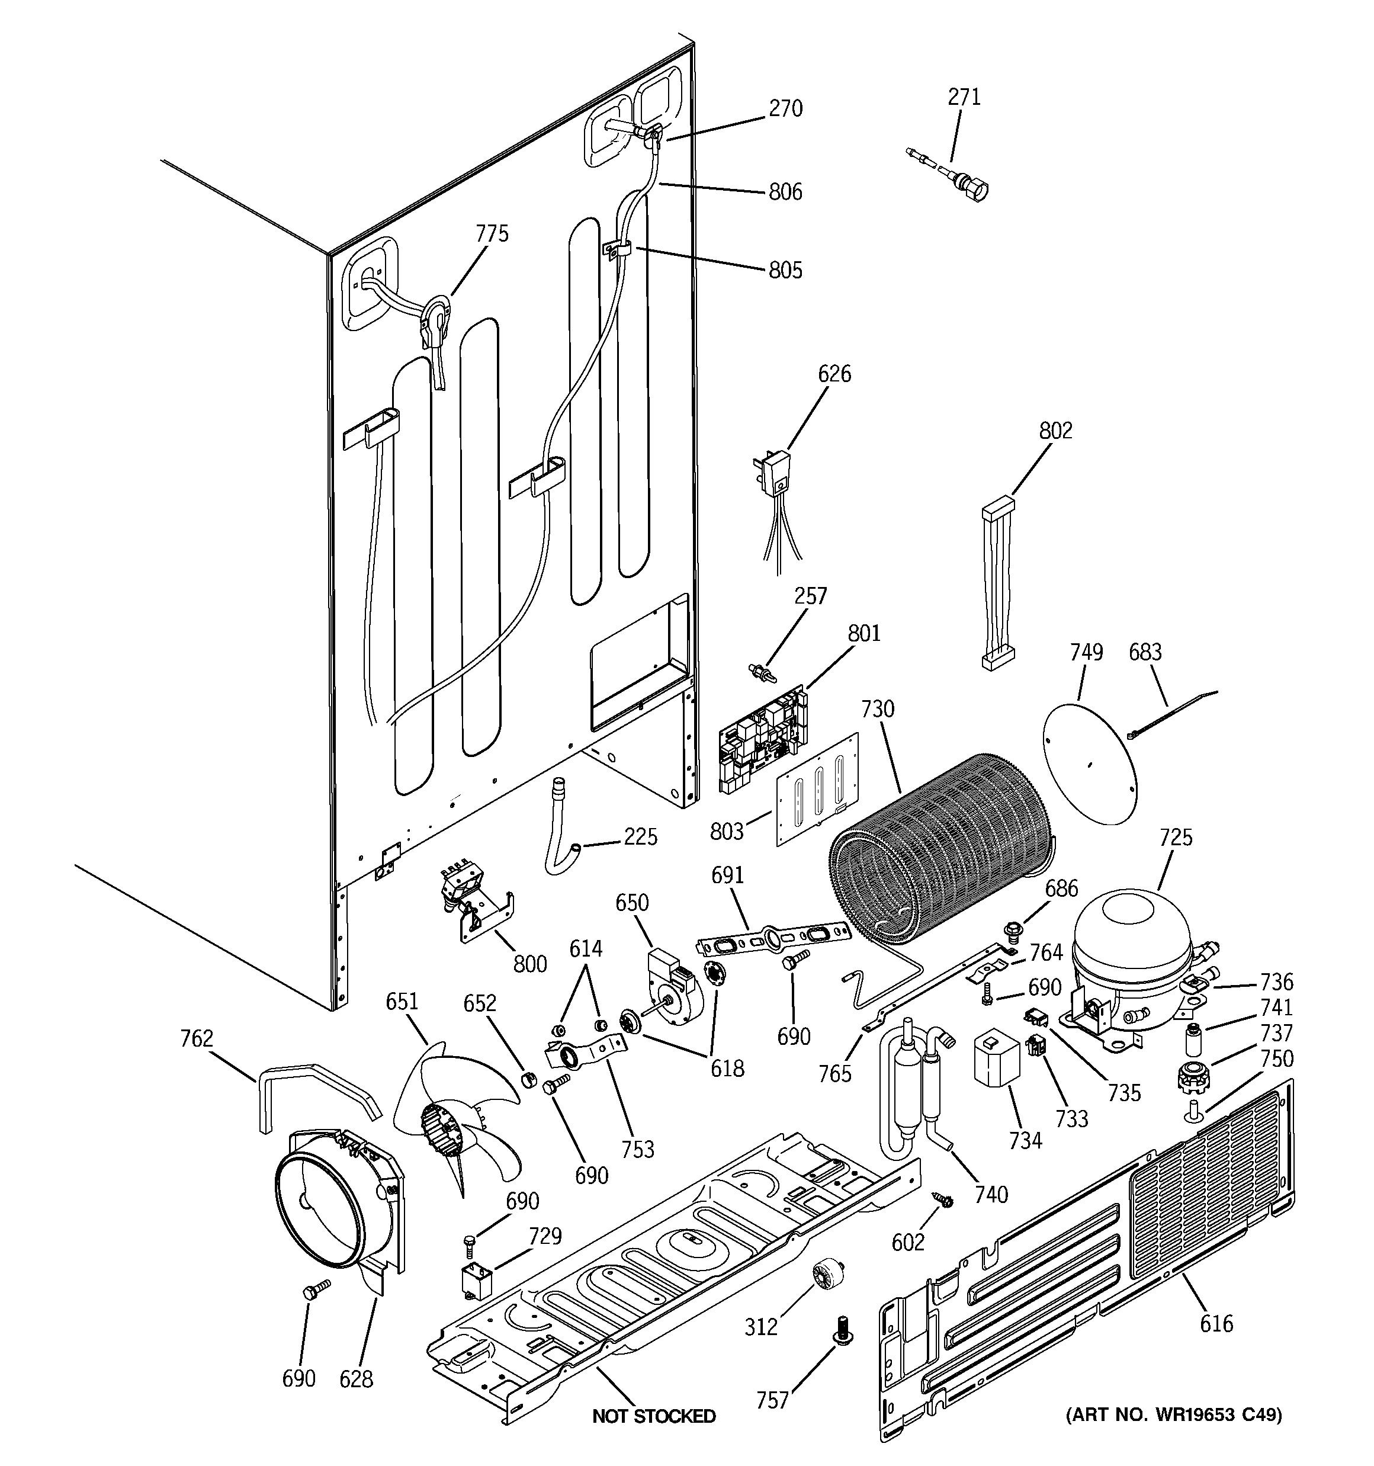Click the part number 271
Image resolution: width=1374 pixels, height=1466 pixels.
coord(964,97)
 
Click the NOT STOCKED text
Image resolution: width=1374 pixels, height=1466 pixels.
coord(653,1416)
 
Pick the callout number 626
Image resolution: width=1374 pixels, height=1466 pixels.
coord(834,374)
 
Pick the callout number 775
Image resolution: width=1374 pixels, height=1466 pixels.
coord(492,234)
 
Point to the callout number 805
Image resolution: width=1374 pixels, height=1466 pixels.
coord(785,270)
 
